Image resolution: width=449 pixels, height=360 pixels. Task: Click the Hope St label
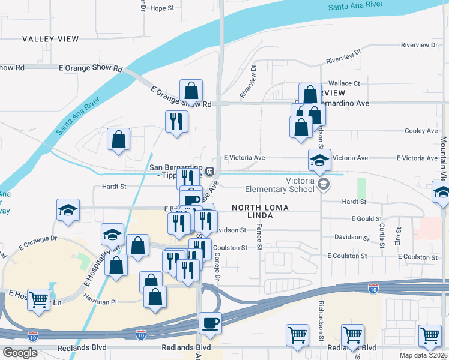(x=161, y=8)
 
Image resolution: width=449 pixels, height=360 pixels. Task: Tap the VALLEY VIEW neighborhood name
(x=50, y=39)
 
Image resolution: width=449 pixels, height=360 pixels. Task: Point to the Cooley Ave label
(x=421, y=131)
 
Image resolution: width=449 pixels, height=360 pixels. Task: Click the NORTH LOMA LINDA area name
(x=261, y=212)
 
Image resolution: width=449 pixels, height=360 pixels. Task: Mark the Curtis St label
(x=382, y=235)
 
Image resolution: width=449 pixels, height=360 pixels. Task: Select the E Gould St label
(x=366, y=219)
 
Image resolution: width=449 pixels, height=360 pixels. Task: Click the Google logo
(x=20, y=352)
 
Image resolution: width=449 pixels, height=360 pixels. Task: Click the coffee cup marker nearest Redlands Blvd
(x=210, y=323)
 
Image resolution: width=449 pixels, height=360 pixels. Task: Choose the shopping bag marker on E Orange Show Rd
(x=191, y=92)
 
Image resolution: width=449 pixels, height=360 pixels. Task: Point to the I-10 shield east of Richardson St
(x=373, y=289)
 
